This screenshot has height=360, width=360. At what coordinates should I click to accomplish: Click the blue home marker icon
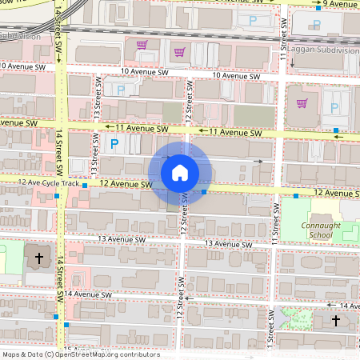pos(180,172)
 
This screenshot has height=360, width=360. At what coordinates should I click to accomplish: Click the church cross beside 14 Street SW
pos(38,258)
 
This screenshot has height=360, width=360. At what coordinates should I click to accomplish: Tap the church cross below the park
pos(336,321)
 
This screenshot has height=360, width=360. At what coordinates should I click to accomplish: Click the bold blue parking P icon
pos(114,144)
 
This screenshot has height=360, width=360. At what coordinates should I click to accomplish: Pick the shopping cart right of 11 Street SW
pos(302,102)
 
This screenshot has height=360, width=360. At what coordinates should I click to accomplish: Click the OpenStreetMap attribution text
pos(80,354)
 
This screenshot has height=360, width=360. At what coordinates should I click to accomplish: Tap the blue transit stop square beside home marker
pos(205,192)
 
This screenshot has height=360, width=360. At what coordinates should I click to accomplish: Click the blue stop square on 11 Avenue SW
pos(337,130)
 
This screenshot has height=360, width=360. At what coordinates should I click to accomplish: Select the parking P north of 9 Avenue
pos(254,21)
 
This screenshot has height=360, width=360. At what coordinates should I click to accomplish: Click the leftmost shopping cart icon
pos(142,44)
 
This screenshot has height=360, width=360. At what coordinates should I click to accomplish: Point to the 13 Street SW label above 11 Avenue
pos(96,98)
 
